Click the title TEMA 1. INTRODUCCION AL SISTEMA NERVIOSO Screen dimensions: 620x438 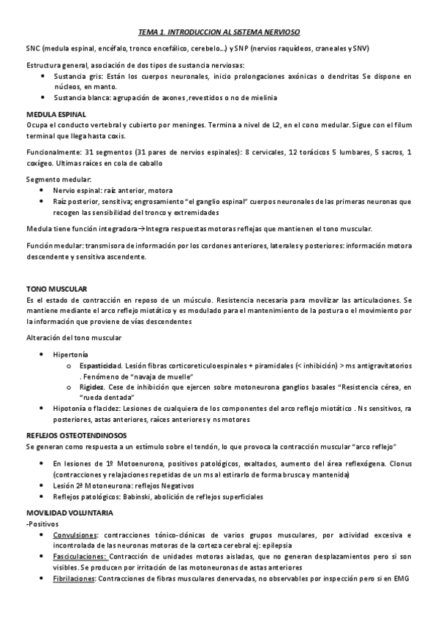tap(219, 32)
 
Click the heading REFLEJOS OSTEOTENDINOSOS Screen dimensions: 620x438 tap(75, 435)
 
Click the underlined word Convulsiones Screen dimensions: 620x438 tap(74, 535)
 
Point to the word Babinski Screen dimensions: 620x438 tap(124, 496)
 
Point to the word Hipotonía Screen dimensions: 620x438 tap(70, 408)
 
